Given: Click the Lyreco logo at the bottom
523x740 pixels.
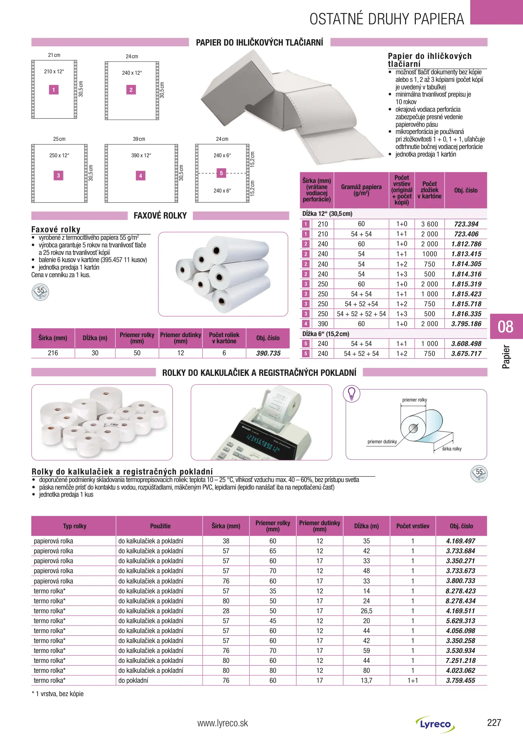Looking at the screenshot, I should pyautogui.click(x=435, y=724).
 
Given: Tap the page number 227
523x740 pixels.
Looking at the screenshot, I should pyautogui.click(x=494, y=723).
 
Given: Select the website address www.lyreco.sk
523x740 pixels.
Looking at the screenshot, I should pyautogui.click(x=223, y=723).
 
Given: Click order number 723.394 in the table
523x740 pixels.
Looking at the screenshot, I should pyautogui.click(x=466, y=224).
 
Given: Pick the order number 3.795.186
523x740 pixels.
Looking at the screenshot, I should pyautogui.click(x=466, y=324).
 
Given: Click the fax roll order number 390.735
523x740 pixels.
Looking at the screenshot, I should pyautogui.click(x=268, y=353).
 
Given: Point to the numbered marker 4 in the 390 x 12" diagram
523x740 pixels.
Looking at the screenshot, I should pyautogui.click(x=140, y=176).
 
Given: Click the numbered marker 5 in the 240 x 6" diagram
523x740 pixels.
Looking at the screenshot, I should pyautogui.click(x=221, y=173).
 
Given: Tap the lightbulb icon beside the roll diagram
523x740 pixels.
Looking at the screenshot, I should pyautogui.click(x=351, y=394).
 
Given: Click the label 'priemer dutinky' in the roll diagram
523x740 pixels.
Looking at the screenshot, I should pyautogui.click(x=382, y=442).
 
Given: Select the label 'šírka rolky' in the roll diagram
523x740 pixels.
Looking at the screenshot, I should pyautogui.click(x=452, y=449).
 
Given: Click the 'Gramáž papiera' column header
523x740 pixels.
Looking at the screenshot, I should pyautogui.click(x=361, y=190).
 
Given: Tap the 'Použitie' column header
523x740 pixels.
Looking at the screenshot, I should pyautogui.click(x=160, y=526).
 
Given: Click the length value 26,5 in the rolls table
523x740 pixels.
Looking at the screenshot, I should pyautogui.click(x=366, y=611).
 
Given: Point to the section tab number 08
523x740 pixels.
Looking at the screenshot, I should pyautogui.click(x=506, y=326).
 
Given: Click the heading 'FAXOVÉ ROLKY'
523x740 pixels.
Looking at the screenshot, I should pyautogui.click(x=160, y=215).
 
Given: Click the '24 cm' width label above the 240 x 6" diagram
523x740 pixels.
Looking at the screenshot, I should pyautogui.click(x=222, y=139).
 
